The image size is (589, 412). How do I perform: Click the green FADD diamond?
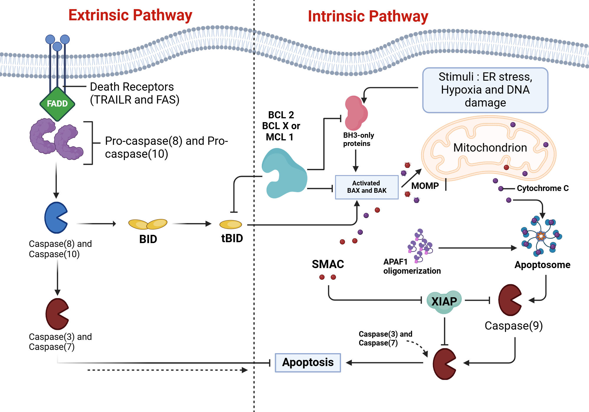tap(57, 104)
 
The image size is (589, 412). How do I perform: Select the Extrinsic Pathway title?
tap(130, 15)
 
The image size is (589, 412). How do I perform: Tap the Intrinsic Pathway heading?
tap(368, 16)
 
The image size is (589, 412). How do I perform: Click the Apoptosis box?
tap(308, 363)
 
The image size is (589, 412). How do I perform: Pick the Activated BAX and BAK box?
tap(367, 187)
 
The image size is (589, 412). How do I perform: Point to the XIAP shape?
tap(444, 301)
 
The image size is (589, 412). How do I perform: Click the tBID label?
tap(232, 238)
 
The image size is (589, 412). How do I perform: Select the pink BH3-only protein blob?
tap(356, 114)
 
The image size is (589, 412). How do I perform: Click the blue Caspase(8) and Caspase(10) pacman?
tap(55, 218)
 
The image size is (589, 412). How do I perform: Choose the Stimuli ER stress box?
tap(485, 90)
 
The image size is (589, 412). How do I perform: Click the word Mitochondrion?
tap(490, 148)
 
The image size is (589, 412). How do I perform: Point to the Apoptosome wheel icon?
tap(541, 236)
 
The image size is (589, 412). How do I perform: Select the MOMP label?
tap(425, 186)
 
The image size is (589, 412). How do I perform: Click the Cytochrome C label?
tap(542, 188)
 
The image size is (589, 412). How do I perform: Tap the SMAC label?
tap(328, 264)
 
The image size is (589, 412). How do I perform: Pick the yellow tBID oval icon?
tap(231, 225)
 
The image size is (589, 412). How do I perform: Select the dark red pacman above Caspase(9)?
tap(509, 300)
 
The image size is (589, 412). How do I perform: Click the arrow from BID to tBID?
tap(191, 224)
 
